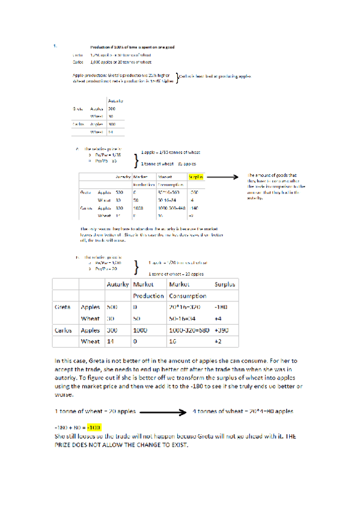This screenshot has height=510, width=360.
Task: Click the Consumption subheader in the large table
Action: [188, 296]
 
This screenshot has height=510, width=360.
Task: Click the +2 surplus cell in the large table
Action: [219, 341]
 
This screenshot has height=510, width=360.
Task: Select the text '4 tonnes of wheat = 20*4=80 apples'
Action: [242, 413]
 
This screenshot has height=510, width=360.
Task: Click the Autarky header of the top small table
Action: [116, 100]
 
